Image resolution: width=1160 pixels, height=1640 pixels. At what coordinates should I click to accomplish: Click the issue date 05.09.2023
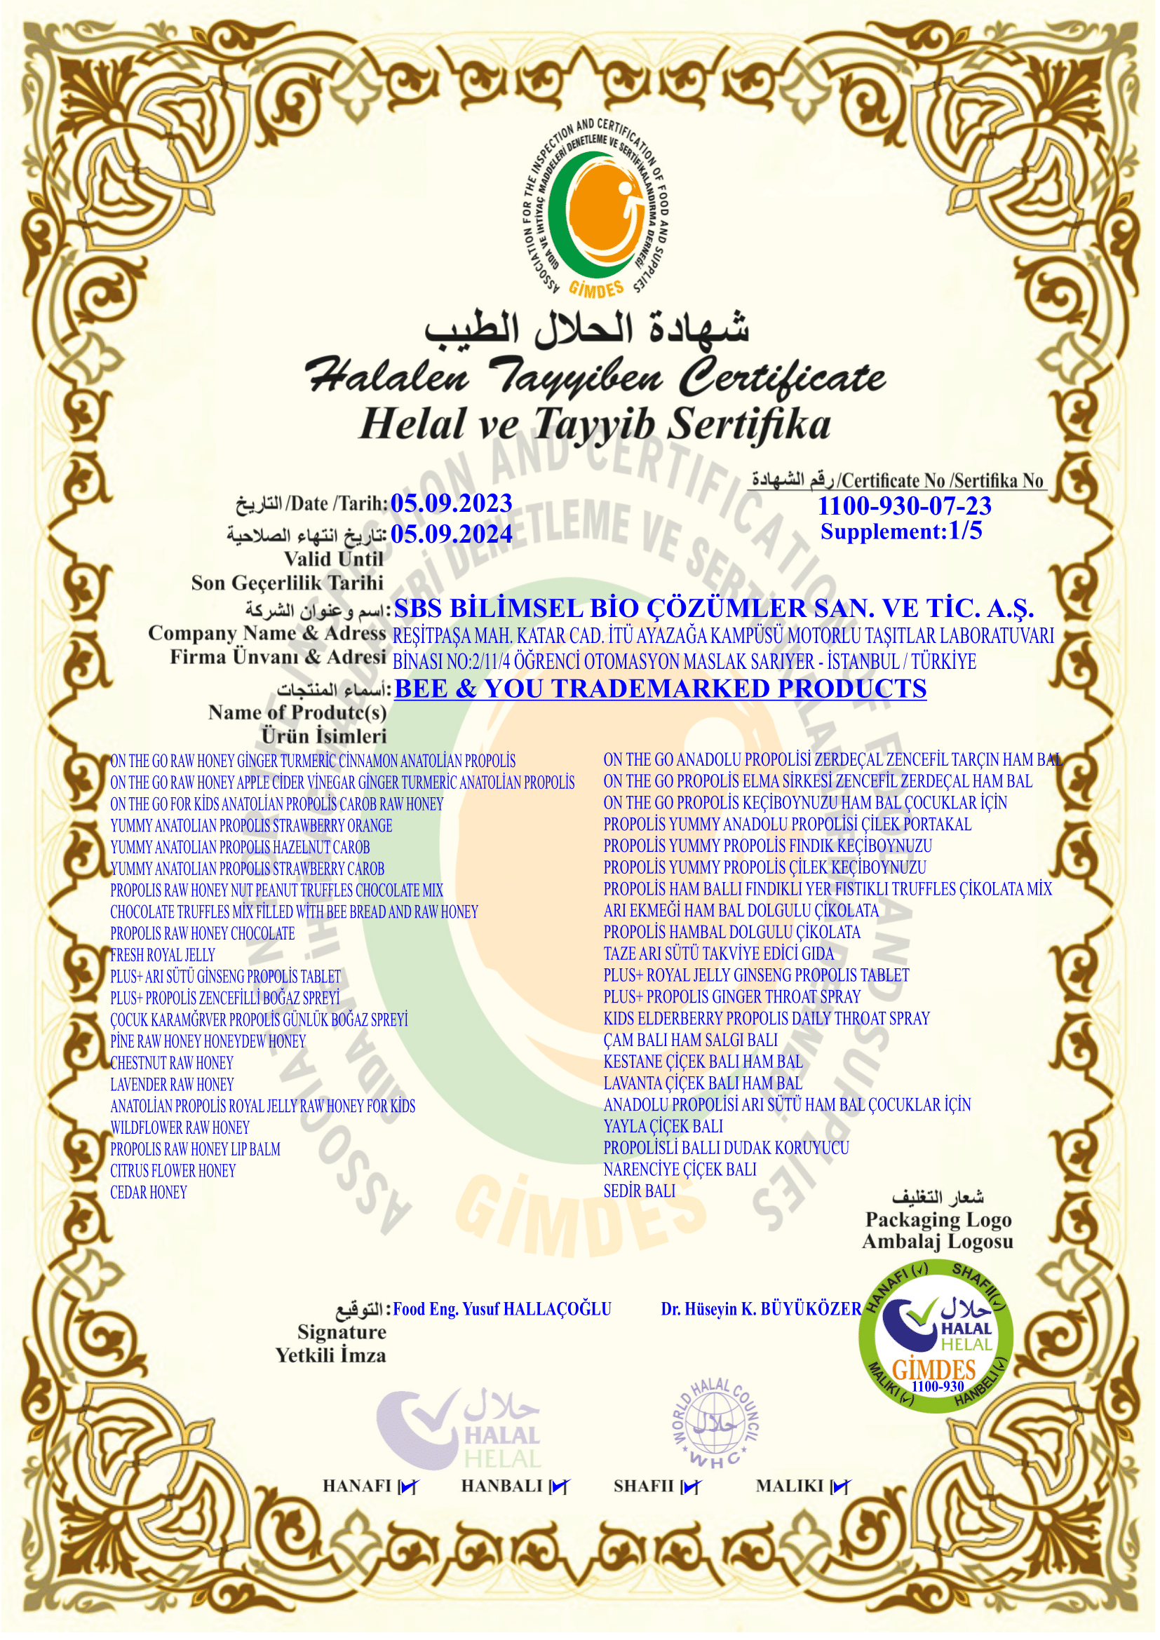(x=452, y=503)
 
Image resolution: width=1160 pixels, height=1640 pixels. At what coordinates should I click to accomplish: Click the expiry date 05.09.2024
(x=452, y=534)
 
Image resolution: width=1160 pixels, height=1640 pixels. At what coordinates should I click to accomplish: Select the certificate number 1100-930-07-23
(x=904, y=506)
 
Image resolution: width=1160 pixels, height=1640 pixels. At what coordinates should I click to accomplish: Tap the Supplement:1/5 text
(x=901, y=531)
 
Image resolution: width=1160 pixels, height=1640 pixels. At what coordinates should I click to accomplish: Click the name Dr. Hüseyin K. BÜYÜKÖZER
(x=762, y=1309)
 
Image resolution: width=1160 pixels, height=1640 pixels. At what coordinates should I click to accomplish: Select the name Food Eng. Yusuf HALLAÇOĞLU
(x=502, y=1309)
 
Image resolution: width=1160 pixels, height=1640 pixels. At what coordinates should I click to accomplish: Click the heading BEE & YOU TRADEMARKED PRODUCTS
(x=660, y=689)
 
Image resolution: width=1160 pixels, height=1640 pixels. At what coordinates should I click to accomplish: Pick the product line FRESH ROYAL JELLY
(x=163, y=955)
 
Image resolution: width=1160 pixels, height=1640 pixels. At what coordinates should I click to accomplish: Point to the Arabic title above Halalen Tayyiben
(x=587, y=330)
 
